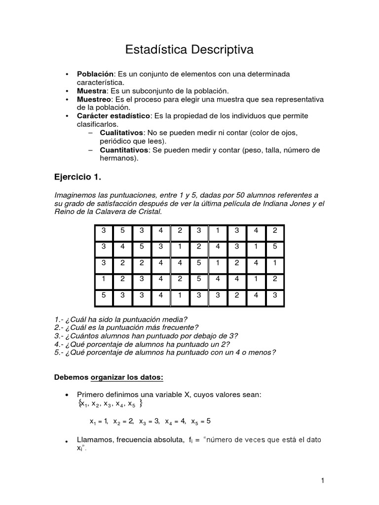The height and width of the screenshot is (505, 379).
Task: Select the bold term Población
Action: (95, 73)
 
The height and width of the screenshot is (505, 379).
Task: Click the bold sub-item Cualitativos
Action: (121, 133)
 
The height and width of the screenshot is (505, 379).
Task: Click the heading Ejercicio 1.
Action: (80, 177)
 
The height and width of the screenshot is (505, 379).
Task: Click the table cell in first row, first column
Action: (104, 230)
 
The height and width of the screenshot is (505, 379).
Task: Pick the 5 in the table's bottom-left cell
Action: (104, 296)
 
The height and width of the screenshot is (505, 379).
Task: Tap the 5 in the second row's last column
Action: (275, 247)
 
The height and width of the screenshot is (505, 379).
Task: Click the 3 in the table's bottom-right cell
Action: (275, 296)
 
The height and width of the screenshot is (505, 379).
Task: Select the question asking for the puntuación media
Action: (121, 320)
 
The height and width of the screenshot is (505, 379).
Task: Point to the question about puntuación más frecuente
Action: (126, 327)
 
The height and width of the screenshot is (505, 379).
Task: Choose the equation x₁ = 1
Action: (99, 421)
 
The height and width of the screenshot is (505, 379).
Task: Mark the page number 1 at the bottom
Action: (322, 480)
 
